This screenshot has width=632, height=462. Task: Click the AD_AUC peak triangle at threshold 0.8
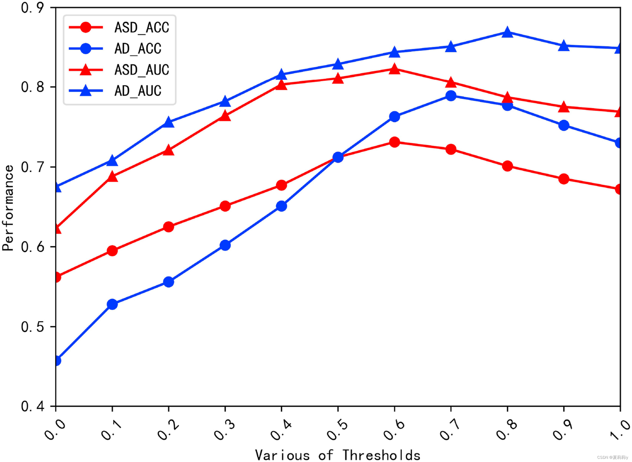507,33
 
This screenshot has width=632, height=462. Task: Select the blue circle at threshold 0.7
451,96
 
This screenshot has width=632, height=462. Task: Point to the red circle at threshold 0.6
394,142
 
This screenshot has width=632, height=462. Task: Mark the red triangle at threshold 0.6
394,69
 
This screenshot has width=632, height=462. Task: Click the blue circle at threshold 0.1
112,304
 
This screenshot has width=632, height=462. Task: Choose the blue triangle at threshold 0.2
168,122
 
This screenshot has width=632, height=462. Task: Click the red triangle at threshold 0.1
112,177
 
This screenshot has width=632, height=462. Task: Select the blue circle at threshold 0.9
564,125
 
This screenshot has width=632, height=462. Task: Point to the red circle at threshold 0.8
507,166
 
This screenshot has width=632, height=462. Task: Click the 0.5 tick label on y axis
33,327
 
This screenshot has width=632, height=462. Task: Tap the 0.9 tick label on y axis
33,8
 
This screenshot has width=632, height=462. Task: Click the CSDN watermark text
613,458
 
